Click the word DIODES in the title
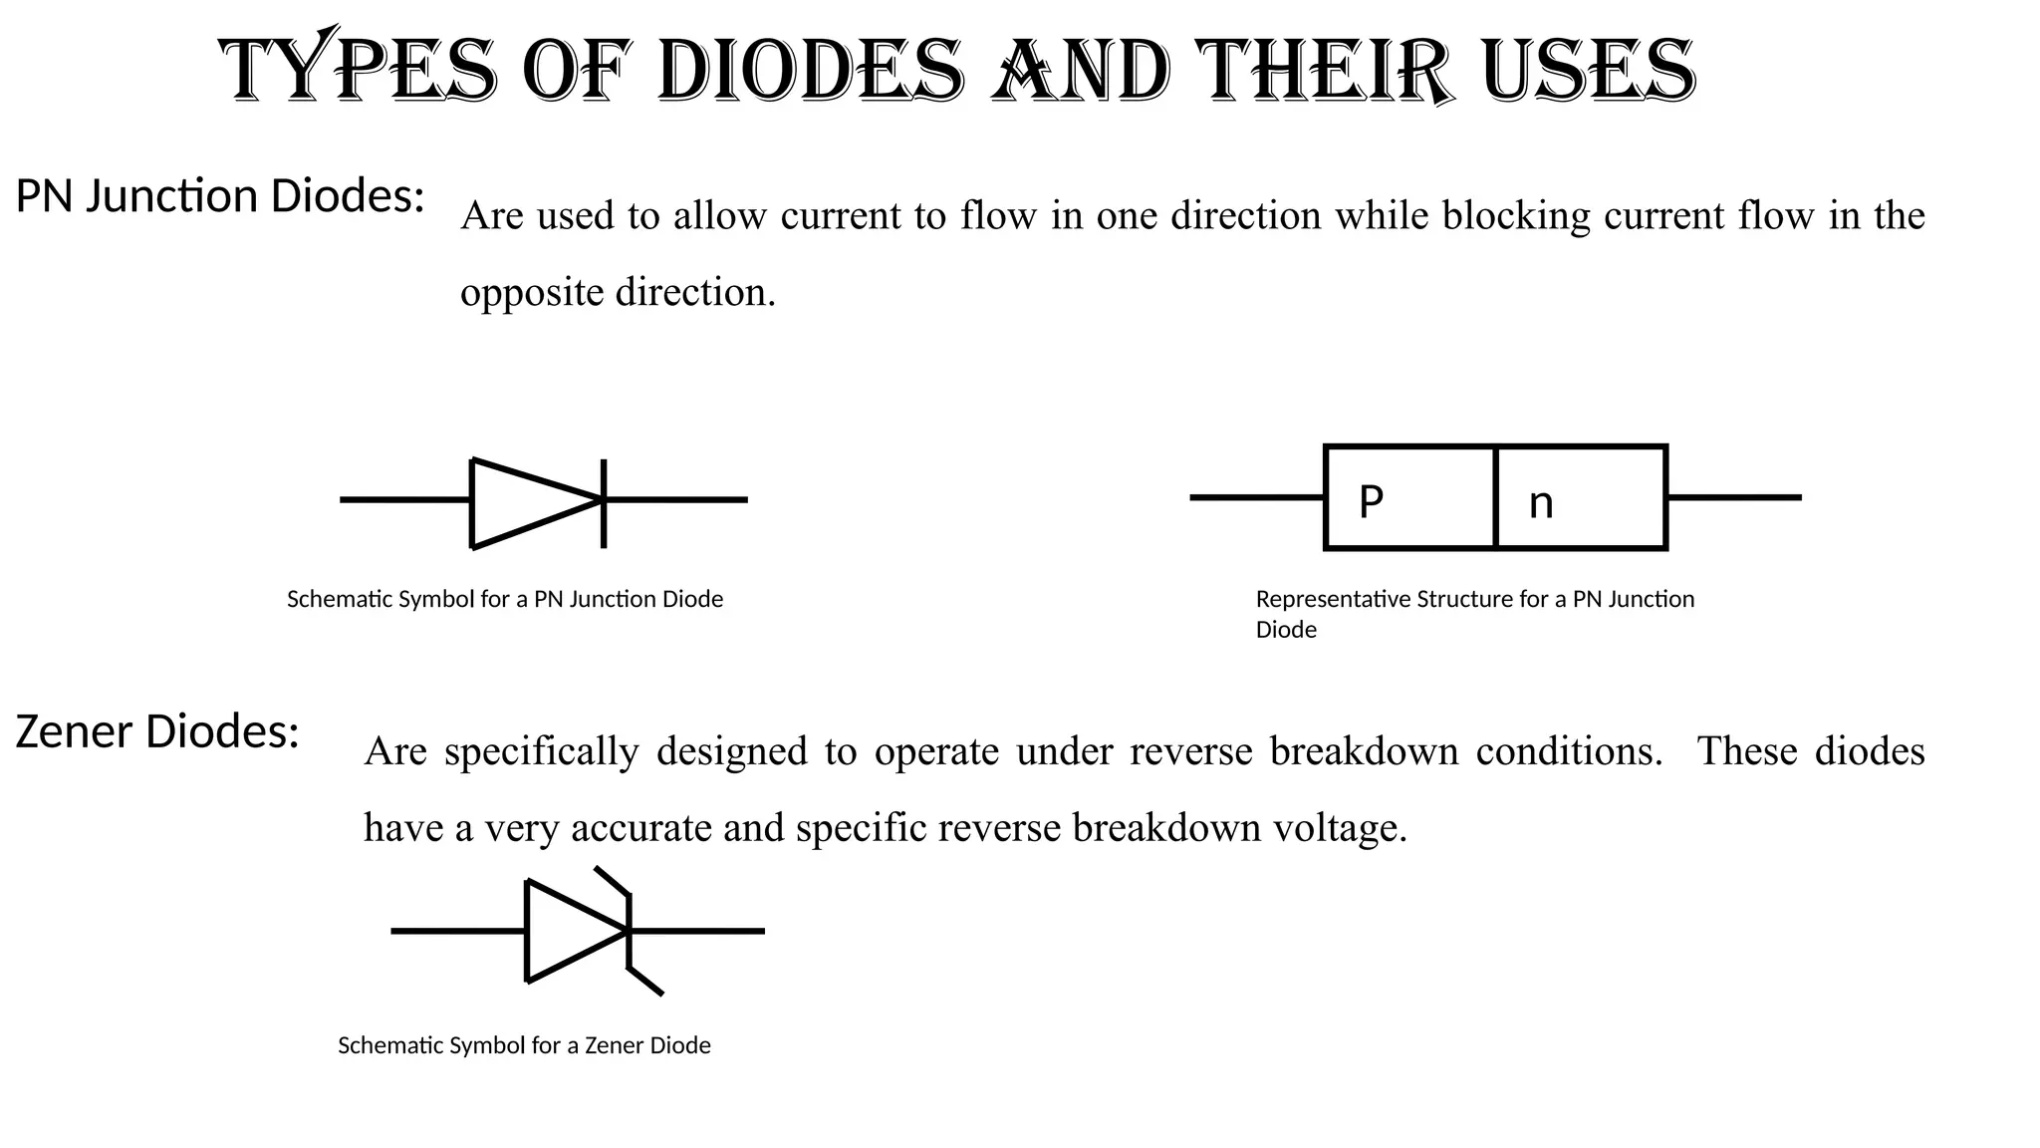[x=811, y=72]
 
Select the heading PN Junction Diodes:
[x=220, y=196]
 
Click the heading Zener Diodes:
[x=157, y=731]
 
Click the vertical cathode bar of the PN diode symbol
[x=604, y=502]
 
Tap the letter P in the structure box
[x=1371, y=502]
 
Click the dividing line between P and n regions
[x=1496, y=497]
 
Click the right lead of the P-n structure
[x=1733, y=497]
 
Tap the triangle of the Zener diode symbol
[x=568, y=931]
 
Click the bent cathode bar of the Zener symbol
[x=630, y=931]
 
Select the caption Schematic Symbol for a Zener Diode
[x=524, y=1045]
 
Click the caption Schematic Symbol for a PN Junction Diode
[x=505, y=599]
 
